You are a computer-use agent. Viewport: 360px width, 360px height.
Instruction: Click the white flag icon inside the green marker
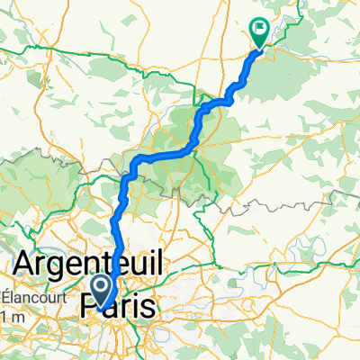pyautogui.click(x=259, y=28)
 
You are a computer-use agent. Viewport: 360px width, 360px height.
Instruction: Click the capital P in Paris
pyautogui.click(x=90, y=305)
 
